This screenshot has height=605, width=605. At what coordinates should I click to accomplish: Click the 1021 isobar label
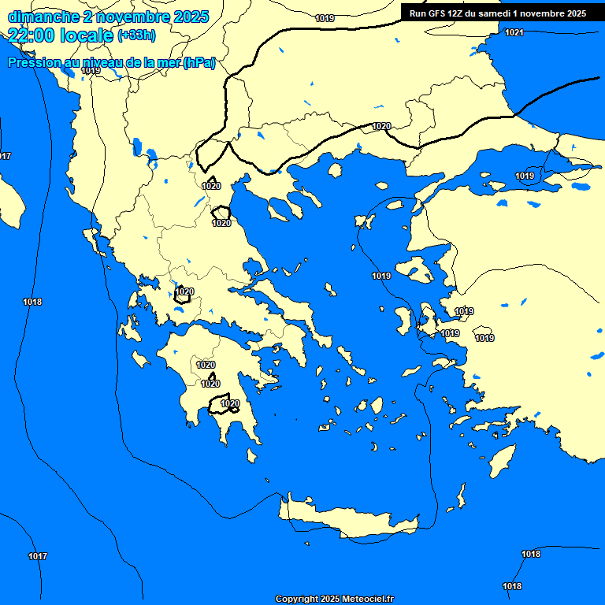click(514, 32)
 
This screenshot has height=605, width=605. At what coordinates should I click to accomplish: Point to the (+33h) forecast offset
click(136, 35)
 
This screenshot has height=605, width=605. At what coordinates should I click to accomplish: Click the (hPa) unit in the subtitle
click(199, 63)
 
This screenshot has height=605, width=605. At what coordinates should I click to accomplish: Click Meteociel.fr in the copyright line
click(373, 599)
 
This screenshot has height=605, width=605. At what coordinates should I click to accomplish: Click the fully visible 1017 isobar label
click(38, 556)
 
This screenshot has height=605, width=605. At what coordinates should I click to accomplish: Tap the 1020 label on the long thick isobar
click(381, 126)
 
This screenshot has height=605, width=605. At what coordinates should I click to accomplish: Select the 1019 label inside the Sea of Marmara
click(525, 176)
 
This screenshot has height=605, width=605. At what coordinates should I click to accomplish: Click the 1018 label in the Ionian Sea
click(32, 302)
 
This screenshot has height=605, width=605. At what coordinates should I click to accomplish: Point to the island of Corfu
click(93, 237)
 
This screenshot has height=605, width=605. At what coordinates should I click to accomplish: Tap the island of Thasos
click(335, 170)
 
